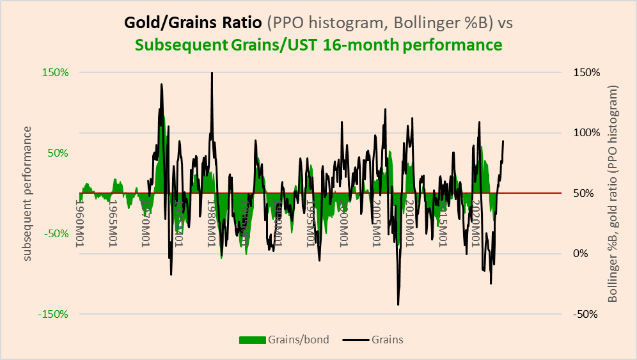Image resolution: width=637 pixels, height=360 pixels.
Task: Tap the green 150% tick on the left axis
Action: (x=56, y=72)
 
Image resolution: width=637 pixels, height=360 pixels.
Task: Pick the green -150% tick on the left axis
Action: (x=55, y=314)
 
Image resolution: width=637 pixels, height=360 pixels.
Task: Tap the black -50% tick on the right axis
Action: (x=585, y=314)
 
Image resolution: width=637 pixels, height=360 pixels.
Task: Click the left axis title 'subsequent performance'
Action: (x=28, y=193)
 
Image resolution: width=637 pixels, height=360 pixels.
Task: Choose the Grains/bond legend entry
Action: (x=284, y=340)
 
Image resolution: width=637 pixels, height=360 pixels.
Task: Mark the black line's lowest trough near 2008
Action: (x=398, y=304)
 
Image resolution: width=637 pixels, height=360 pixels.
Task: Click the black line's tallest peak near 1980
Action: (x=212, y=73)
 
